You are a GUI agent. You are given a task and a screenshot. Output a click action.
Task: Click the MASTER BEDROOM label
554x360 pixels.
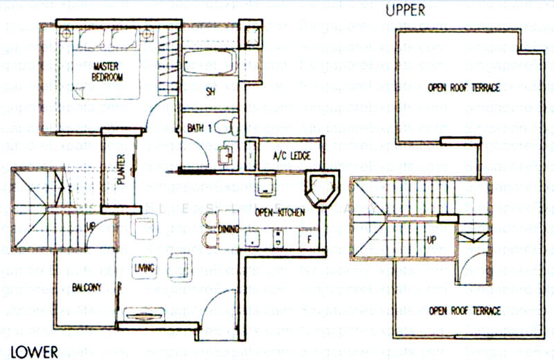click(107, 71)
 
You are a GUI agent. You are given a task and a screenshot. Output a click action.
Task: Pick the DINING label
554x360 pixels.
click(228, 229)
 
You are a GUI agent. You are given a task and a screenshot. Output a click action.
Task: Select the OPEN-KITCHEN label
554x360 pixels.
click(280, 213)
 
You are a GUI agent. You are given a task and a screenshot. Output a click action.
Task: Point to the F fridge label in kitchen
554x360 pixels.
click(310, 238)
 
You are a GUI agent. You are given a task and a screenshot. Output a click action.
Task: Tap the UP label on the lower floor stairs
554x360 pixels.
click(91, 227)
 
